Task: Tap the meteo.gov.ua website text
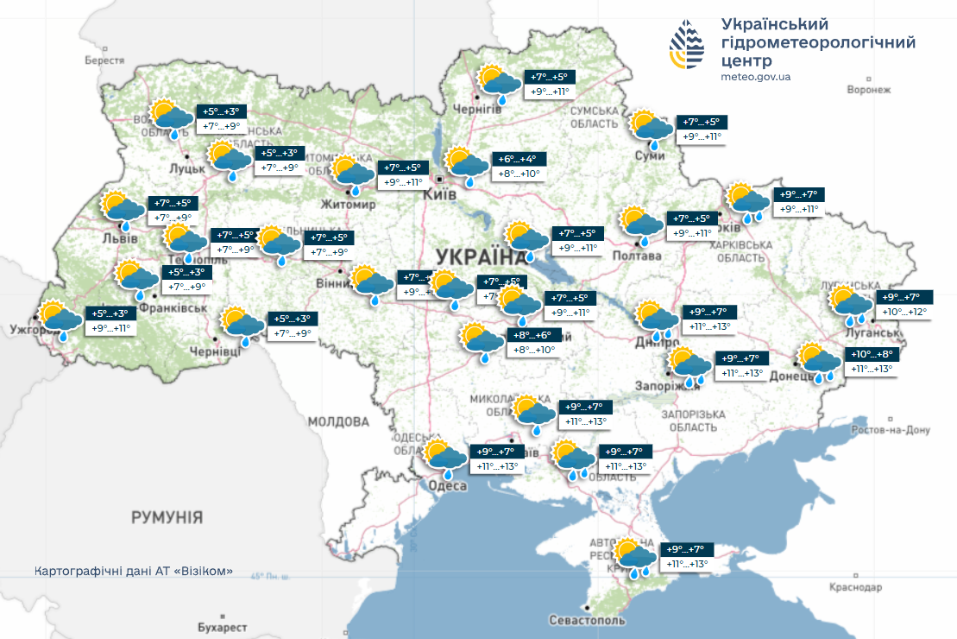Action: (x=755, y=77)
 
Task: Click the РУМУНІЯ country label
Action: (x=167, y=518)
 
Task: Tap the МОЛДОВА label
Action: (x=338, y=422)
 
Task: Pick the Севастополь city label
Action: (x=587, y=621)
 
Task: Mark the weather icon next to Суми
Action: (x=652, y=129)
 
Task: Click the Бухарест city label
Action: (x=221, y=627)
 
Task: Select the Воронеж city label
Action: (x=868, y=89)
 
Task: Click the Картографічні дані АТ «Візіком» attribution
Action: (x=134, y=572)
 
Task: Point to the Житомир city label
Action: (x=348, y=206)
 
